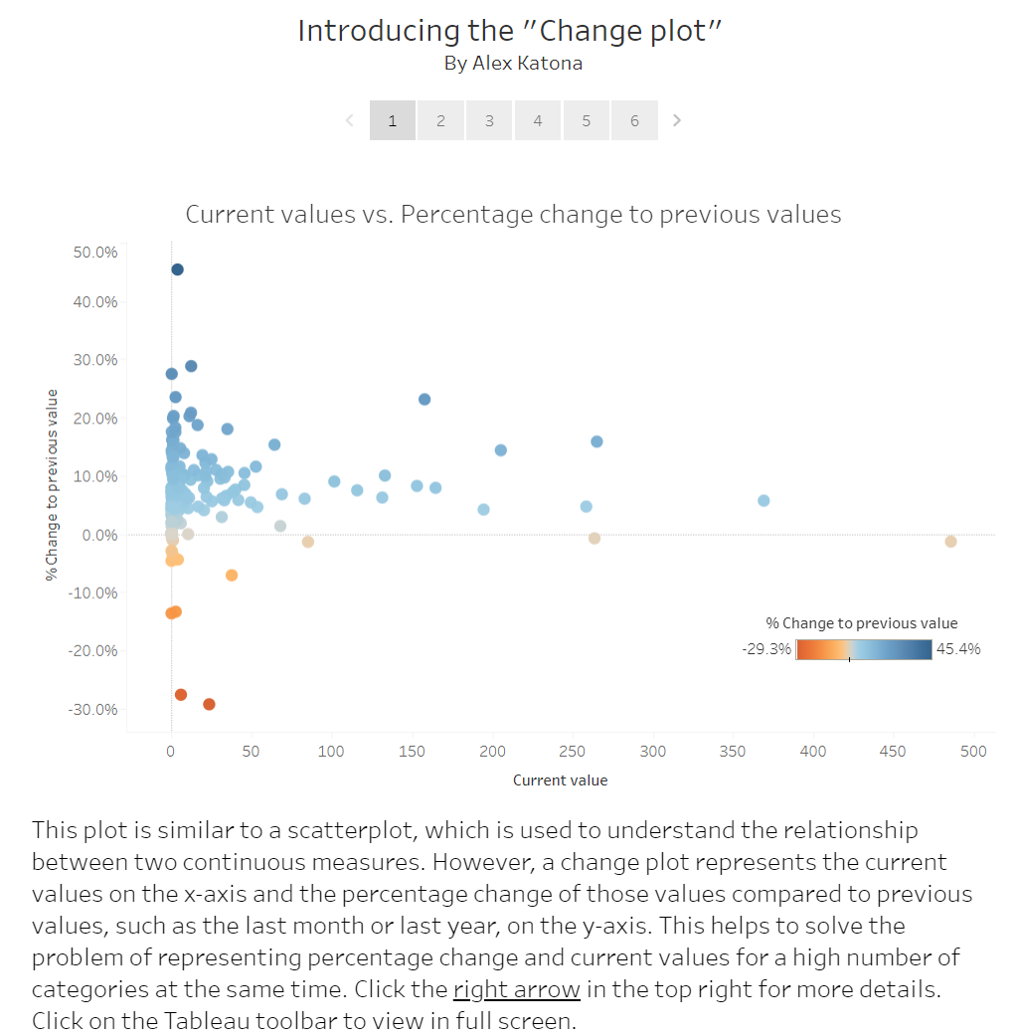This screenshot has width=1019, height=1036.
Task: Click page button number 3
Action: click(x=489, y=120)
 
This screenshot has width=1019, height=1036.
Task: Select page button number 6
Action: click(x=634, y=120)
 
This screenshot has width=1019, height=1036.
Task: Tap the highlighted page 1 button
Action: click(x=393, y=120)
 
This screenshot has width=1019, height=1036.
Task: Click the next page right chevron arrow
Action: click(x=677, y=120)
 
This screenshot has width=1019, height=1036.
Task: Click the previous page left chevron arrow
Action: click(x=349, y=120)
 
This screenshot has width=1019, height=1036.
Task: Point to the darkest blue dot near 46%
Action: click(x=177, y=269)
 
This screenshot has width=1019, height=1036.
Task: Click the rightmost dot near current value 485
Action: click(x=950, y=541)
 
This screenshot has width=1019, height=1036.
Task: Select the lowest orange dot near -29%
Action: click(x=209, y=704)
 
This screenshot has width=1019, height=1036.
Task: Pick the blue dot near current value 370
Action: click(x=764, y=500)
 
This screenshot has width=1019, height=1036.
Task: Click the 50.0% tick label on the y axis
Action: click(x=95, y=253)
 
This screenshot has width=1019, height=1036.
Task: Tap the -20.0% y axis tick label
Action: click(x=93, y=650)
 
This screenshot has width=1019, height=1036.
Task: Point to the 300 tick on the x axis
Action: click(x=652, y=752)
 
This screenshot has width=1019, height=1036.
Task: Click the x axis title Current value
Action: click(x=560, y=780)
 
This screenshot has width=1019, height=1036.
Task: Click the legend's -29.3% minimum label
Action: click(x=765, y=649)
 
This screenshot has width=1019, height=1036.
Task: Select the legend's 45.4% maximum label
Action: click(x=957, y=649)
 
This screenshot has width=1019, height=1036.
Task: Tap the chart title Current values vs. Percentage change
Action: click(x=513, y=215)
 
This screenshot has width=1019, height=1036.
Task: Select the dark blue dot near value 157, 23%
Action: click(x=425, y=399)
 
